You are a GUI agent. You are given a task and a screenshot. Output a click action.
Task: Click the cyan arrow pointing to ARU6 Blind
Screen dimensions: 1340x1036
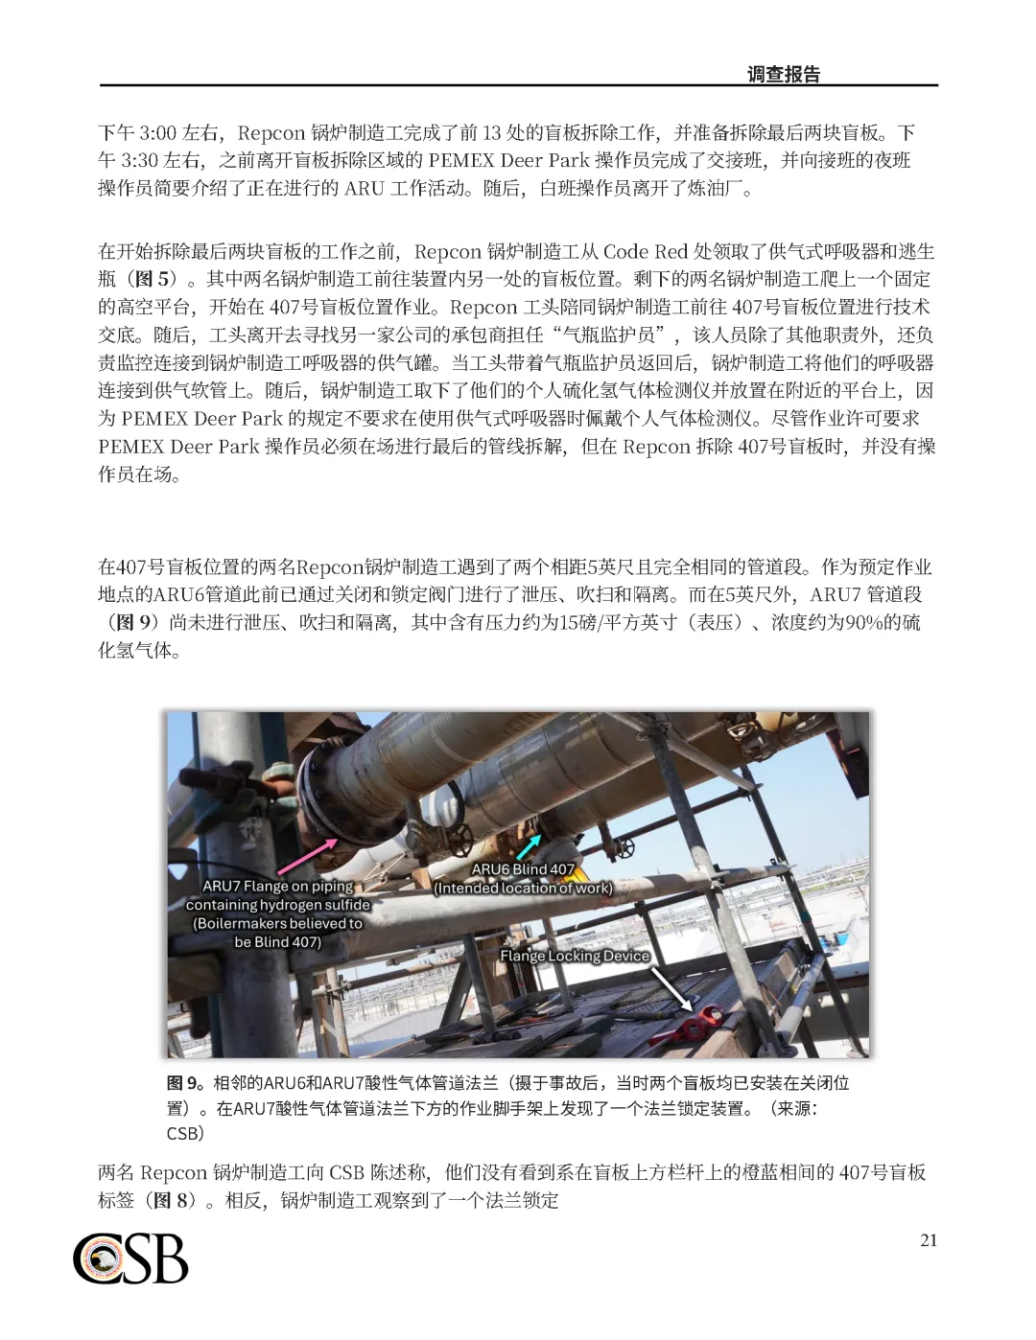pyautogui.click(x=528, y=846)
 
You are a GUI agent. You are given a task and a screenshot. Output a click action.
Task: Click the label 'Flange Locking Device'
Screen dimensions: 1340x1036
pyautogui.click(x=575, y=956)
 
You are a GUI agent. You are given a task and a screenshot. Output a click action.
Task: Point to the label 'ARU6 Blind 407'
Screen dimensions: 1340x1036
pyautogui.click(x=523, y=869)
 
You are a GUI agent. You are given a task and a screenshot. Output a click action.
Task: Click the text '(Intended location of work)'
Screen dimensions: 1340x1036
pyautogui.click(x=523, y=888)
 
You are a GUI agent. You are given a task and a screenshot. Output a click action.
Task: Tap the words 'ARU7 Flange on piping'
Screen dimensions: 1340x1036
pyautogui.click(x=278, y=887)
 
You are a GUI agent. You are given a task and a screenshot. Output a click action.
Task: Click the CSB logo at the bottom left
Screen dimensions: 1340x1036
pyautogui.click(x=130, y=1258)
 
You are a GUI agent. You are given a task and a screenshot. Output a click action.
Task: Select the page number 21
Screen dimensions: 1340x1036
pyautogui.click(x=929, y=1240)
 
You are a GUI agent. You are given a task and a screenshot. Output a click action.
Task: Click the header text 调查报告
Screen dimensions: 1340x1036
pyautogui.click(x=784, y=75)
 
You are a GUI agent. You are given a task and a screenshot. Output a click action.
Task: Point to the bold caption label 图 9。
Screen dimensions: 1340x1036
pyautogui.click(x=188, y=1083)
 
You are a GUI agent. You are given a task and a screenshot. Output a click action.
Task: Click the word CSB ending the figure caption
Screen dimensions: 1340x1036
pyautogui.click(x=186, y=1133)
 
